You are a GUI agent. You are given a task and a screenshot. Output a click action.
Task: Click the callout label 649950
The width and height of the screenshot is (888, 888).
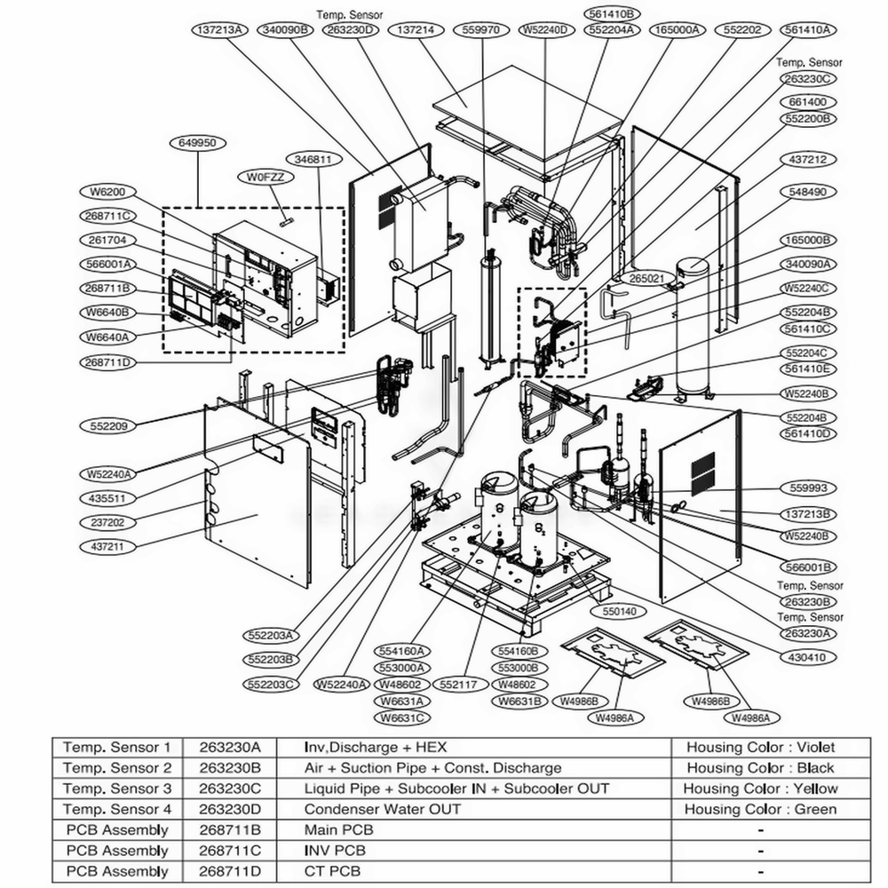click(x=196, y=142)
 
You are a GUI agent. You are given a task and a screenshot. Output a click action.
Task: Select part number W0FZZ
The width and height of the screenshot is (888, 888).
click(x=265, y=178)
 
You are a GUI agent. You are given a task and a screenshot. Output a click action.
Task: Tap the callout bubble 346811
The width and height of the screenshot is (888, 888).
click(x=313, y=160)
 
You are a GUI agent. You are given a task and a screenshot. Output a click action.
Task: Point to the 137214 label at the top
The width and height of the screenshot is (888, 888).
click(x=416, y=29)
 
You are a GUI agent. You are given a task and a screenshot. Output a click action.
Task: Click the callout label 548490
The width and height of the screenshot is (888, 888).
click(x=808, y=191)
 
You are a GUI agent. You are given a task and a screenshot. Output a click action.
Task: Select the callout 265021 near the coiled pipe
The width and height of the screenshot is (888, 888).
click(x=646, y=279)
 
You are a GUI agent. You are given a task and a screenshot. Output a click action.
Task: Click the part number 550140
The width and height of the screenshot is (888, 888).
click(x=594, y=612)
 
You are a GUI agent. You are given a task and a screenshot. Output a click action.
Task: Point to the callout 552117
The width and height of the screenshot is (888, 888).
click(x=458, y=685)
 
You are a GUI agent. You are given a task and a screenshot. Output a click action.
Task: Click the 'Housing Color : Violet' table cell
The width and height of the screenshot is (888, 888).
click(x=760, y=748)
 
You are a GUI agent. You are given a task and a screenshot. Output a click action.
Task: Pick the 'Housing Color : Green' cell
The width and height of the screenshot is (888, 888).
click(x=760, y=809)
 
